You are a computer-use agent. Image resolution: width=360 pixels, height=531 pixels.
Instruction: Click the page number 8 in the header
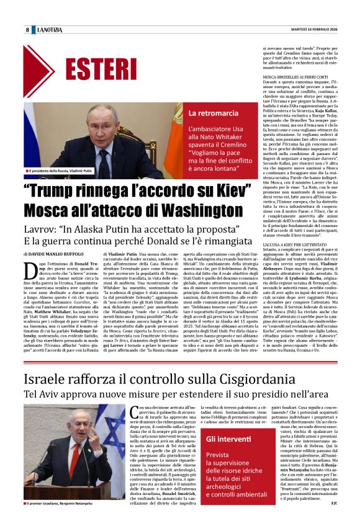[x=27, y=30]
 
